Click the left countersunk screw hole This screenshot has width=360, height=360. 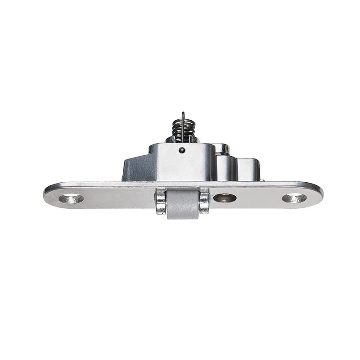[x=71, y=198]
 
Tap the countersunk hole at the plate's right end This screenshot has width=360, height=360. [x=294, y=198]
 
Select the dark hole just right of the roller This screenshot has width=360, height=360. [x=224, y=198]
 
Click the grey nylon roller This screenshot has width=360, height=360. [x=183, y=204]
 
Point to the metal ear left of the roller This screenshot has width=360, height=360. [x=161, y=202]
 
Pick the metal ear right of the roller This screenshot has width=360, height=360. [x=204, y=202]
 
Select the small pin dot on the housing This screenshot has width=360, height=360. [x=181, y=150]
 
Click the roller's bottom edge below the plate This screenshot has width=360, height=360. [x=183, y=217]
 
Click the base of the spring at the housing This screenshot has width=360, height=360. [x=182, y=140]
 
